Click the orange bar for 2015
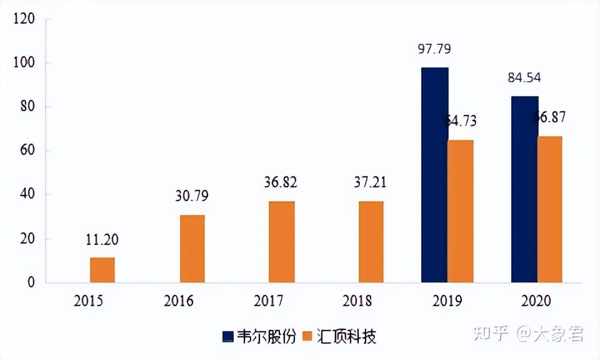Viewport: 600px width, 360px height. click(x=102, y=270)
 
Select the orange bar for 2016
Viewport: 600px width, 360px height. click(x=192, y=249)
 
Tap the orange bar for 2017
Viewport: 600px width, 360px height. click(x=281, y=242)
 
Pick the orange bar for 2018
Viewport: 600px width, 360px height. click(x=371, y=242)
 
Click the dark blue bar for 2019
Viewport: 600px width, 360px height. click(x=434, y=175)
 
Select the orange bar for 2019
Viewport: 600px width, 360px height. click(x=461, y=211)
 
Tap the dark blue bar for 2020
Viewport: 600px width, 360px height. click(x=524, y=189)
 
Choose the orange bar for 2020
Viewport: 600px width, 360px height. click(x=550, y=209)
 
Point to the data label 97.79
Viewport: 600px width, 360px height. click(x=434, y=49)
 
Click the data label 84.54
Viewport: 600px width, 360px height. click(x=524, y=78)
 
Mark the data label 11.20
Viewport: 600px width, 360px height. click(x=102, y=239)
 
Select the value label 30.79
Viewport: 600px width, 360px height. click(x=192, y=196)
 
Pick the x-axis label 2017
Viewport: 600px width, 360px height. click(x=269, y=301)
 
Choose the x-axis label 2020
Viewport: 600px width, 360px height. click(x=536, y=301)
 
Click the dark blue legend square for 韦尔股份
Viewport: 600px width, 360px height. click(x=227, y=337)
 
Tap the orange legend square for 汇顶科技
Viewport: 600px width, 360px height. click(x=306, y=337)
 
